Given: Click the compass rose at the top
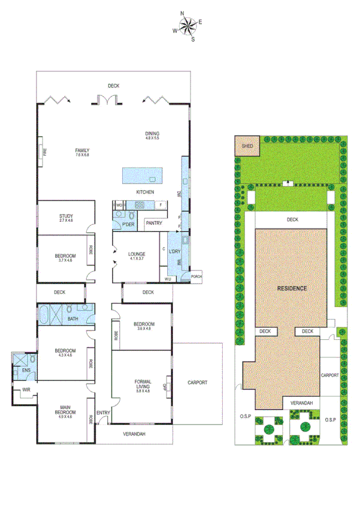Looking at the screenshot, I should [x=187, y=26].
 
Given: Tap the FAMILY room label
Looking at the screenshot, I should [x=82, y=150].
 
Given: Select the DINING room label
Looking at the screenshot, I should [x=152, y=134].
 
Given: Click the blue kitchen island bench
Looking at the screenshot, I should [x=141, y=176].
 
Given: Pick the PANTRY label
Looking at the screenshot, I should [x=154, y=223].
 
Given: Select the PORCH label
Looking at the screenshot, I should [x=196, y=276].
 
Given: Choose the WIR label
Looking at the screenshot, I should [x=26, y=390].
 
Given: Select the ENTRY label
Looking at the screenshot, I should [x=103, y=412].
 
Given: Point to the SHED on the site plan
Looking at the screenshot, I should [x=246, y=146].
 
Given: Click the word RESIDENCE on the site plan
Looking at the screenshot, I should [x=292, y=288].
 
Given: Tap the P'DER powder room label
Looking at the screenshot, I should [x=128, y=224].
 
